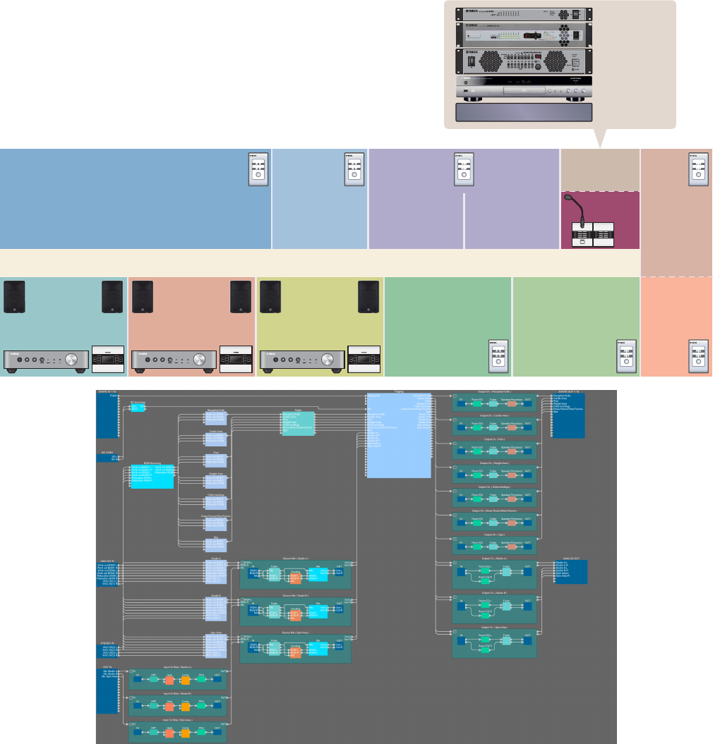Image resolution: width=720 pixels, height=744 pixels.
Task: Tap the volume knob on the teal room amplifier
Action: pyautogui.click(x=72, y=360)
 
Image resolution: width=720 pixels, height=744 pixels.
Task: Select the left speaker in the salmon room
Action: pyautogui.click(x=142, y=296)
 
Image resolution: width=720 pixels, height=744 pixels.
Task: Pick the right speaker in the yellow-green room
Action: pyautogui.click(x=368, y=296)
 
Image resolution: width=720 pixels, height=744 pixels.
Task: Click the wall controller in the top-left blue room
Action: pyautogui.click(x=259, y=169)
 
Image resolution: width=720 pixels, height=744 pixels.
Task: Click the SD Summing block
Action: pyautogui.click(x=138, y=408)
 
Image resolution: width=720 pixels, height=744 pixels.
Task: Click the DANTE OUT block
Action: pyautogui.click(x=568, y=416)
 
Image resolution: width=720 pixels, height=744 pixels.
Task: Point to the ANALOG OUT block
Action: pyautogui.click(x=570, y=572)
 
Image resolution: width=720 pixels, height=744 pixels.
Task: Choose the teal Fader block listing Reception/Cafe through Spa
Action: pyautogui.click(x=298, y=422)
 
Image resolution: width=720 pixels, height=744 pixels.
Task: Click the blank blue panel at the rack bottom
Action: pyautogui.click(x=524, y=113)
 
